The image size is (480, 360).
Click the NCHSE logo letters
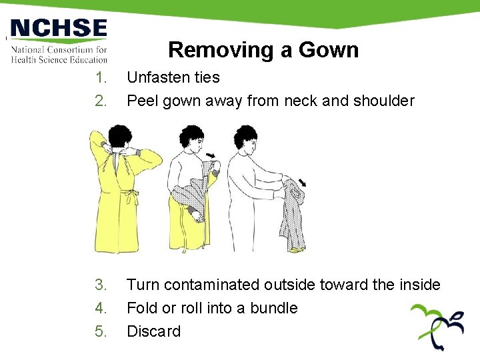click(x=59, y=29)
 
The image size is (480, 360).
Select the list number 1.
click(x=101, y=78)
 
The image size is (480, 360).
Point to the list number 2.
click(x=101, y=101)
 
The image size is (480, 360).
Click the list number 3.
click(x=101, y=285)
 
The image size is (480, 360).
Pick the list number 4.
click(x=101, y=309)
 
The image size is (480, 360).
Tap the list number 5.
click(x=101, y=331)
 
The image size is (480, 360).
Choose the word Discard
click(x=153, y=331)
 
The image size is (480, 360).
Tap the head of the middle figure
click(x=192, y=139)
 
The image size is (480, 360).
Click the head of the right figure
click(x=247, y=140)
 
